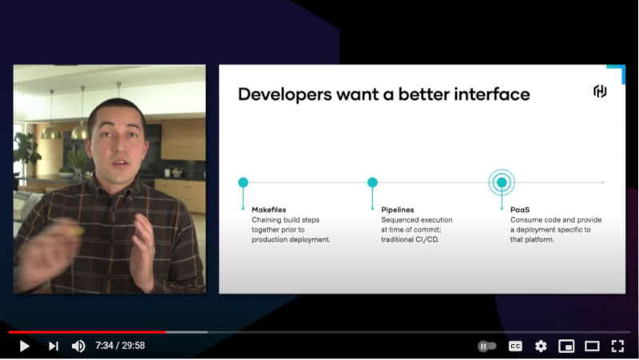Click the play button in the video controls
(x=25, y=346)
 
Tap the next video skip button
(x=54, y=346)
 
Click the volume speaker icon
(x=78, y=346)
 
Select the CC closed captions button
(x=515, y=346)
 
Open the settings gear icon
(x=541, y=346)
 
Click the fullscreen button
(x=617, y=346)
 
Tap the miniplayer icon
(x=566, y=346)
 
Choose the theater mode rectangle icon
(x=592, y=346)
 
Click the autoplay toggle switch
(x=487, y=346)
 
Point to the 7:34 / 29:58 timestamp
(x=121, y=346)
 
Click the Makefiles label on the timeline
(x=269, y=210)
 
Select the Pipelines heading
(x=397, y=210)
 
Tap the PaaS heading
(x=520, y=210)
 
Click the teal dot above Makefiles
(x=244, y=182)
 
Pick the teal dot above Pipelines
(x=372, y=182)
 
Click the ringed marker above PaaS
(x=502, y=182)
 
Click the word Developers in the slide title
(x=285, y=94)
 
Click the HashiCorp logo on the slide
(x=600, y=91)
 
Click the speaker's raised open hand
(x=143, y=252)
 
